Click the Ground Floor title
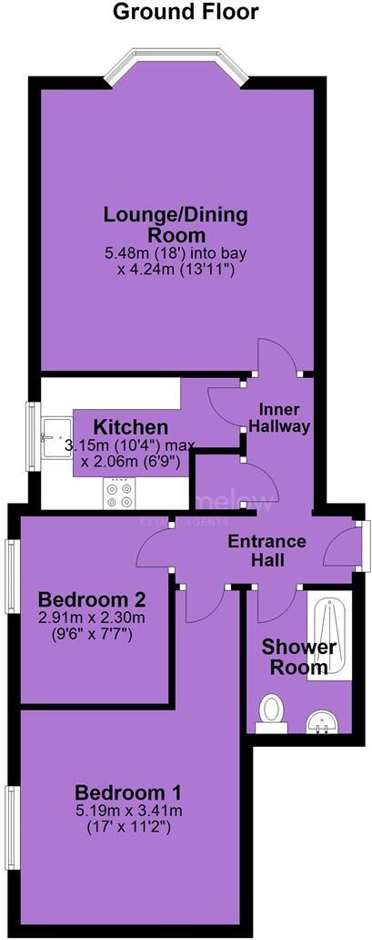click(x=186, y=12)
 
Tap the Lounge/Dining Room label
click(x=175, y=226)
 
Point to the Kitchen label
click(x=131, y=427)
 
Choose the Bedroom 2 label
click(x=92, y=600)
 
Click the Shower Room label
click(x=299, y=657)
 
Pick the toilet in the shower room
click(x=271, y=713)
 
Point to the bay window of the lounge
click(x=176, y=66)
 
